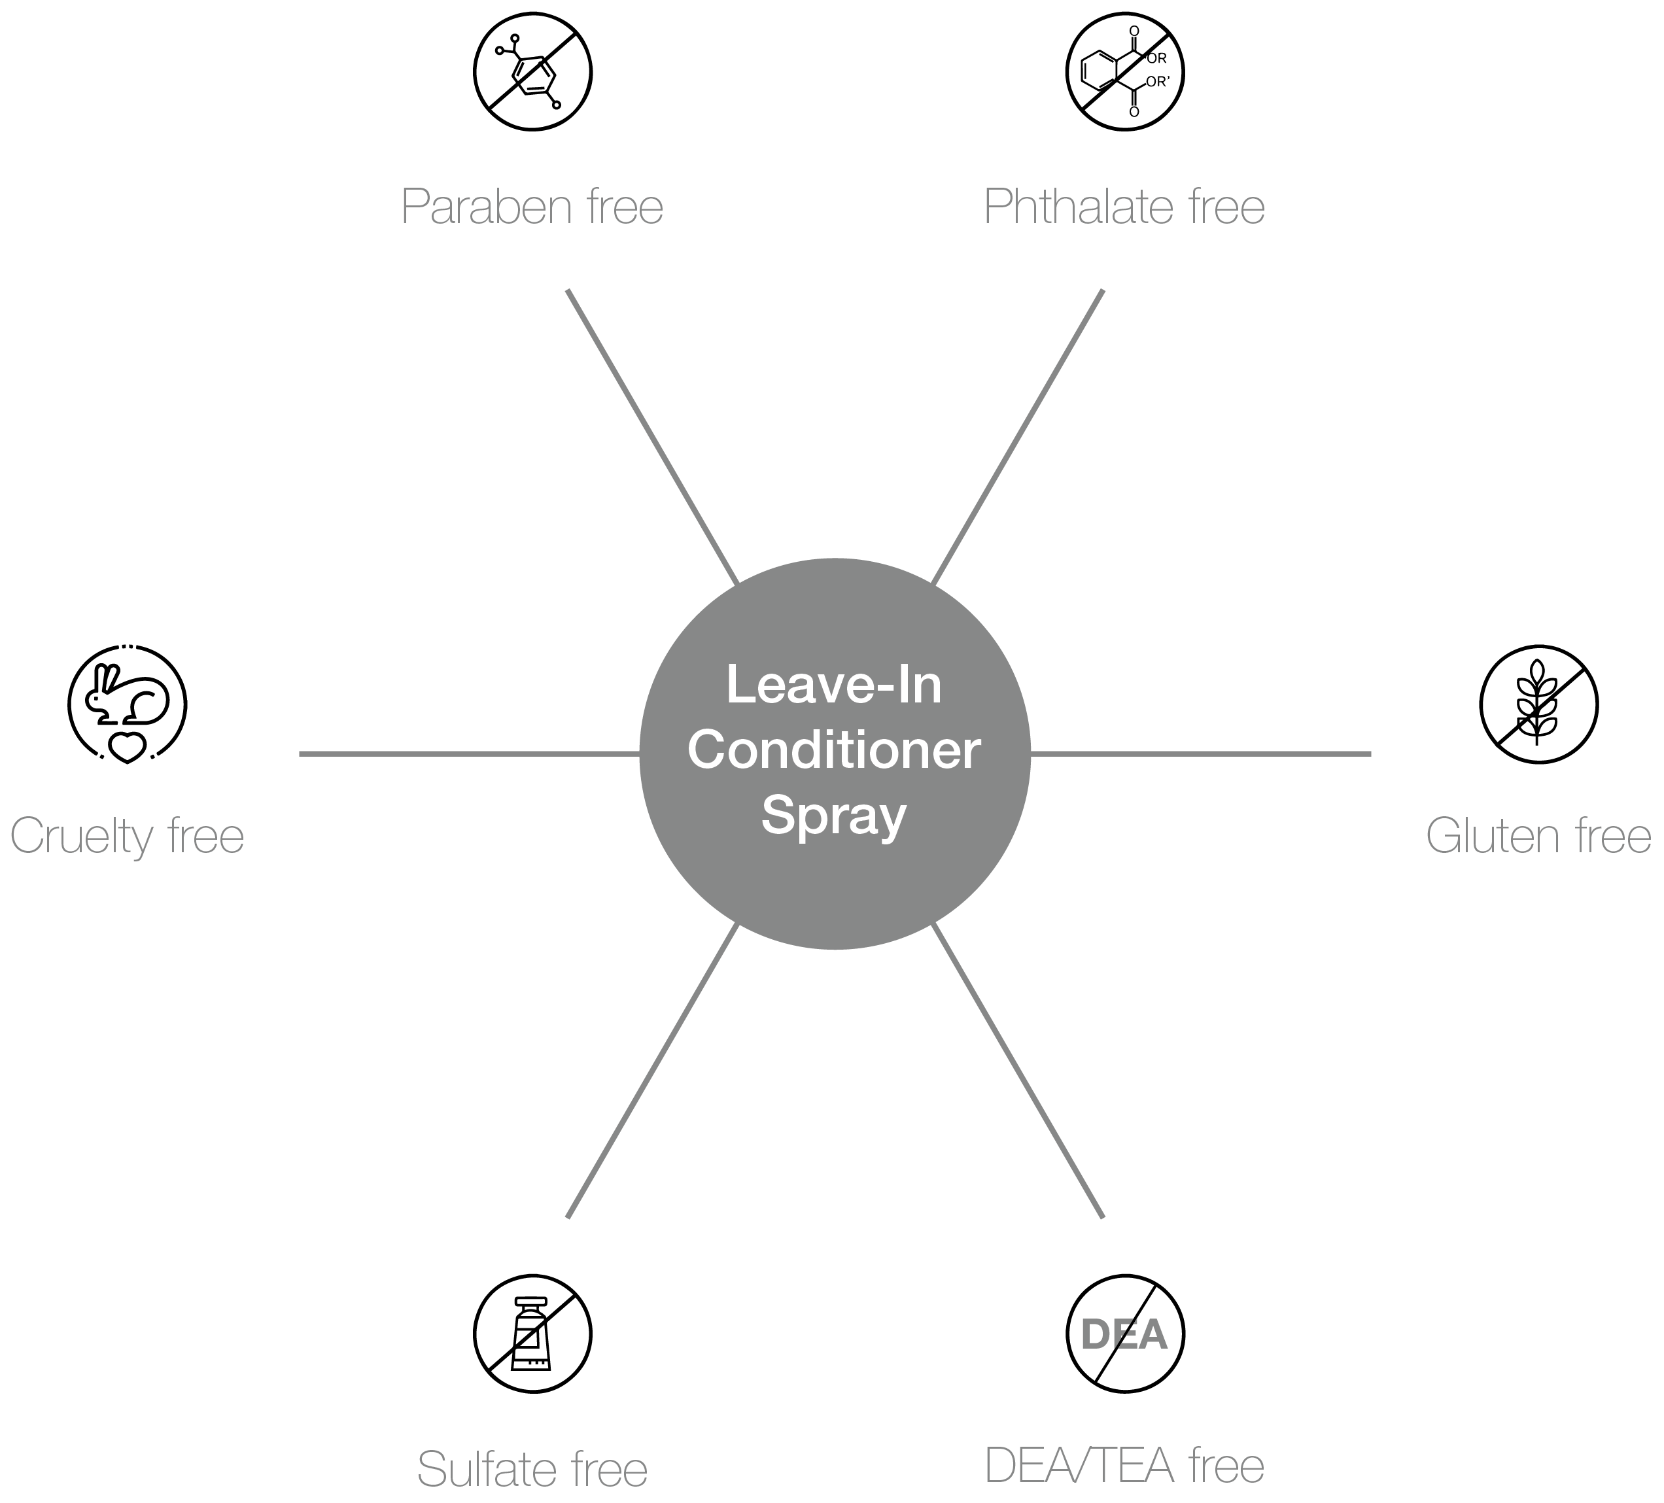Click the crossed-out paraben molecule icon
coord(532,71)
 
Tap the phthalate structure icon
coord(1125,71)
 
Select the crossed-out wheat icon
coord(1538,704)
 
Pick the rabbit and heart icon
coord(127,704)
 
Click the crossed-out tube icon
coord(532,1334)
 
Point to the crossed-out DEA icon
coord(1125,1334)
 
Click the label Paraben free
coord(532,206)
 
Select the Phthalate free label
coord(1124,206)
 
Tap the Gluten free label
coord(1538,835)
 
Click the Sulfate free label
coord(532,1469)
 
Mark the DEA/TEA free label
coord(1124,1466)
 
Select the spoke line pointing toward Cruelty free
coord(470,753)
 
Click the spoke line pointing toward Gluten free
coord(1200,753)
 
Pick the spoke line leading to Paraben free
coord(652,437)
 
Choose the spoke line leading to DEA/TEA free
coord(1018,1071)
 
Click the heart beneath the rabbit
coord(127,748)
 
